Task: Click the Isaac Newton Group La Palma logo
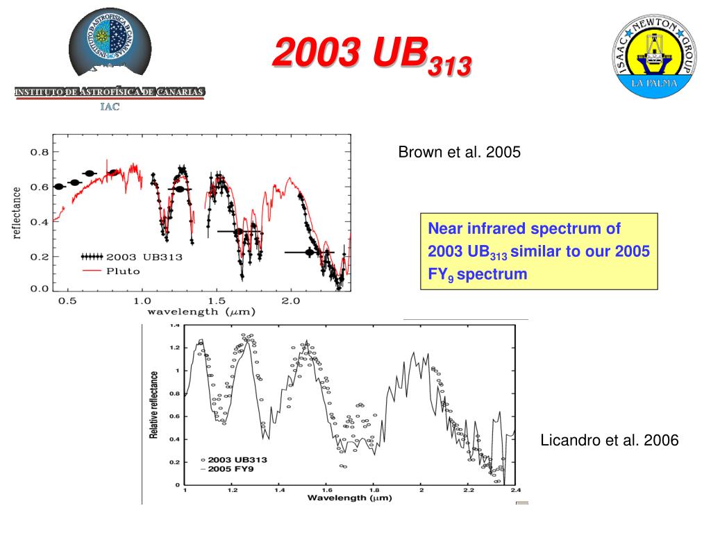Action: pyautogui.click(x=651, y=58)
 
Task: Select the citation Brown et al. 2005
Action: pyautogui.click(x=459, y=153)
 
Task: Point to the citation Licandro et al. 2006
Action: pyautogui.click(x=609, y=441)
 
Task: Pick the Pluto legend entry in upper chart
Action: pyautogui.click(x=122, y=271)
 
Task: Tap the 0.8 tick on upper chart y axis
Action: pyautogui.click(x=40, y=152)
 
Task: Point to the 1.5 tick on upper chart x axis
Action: pyautogui.click(x=217, y=301)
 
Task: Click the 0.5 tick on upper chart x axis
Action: pyautogui.click(x=67, y=301)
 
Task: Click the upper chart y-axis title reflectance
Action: pyautogui.click(x=17, y=212)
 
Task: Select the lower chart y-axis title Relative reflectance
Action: pyautogui.click(x=154, y=405)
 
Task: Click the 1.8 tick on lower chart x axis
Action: pyautogui.click(x=374, y=490)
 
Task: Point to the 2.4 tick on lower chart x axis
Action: pyautogui.click(x=515, y=490)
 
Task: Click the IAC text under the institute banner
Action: pyautogui.click(x=110, y=106)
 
